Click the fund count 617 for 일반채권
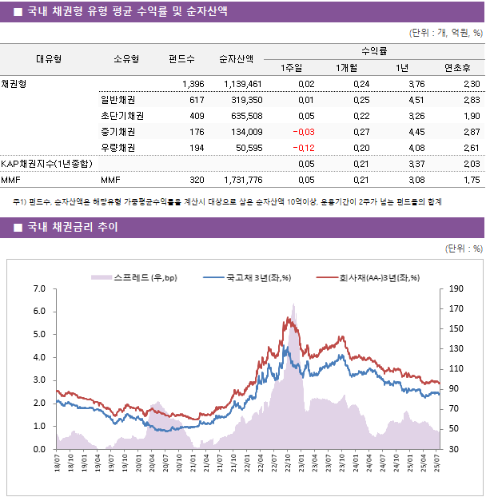pyautogui.click(x=196, y=100)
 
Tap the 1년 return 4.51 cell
pyautogui.click(x=416, y=100)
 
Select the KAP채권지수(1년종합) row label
pyautogui.click(x=46, y=164)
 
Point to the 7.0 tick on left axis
pyautogui.click(x=39, y=288)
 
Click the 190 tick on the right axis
pyautogui.click(x=456, y=288)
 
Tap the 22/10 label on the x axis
pyautogui.click(x=288, y=464)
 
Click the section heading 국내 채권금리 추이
pyautogui.click(x=72, y=228)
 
